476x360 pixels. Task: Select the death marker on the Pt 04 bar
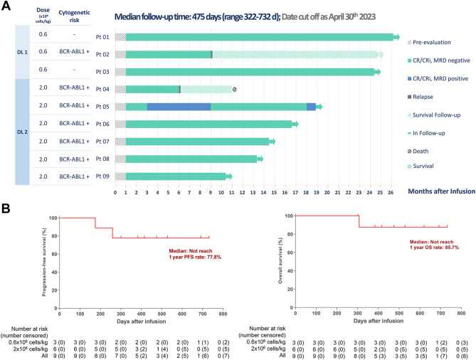pyautogui.click(x=235, y=89)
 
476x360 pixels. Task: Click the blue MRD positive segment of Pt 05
pyautogui.click(x=179, y=107)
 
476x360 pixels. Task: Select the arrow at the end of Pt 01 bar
pyautogui.click(x=396, y=37)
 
